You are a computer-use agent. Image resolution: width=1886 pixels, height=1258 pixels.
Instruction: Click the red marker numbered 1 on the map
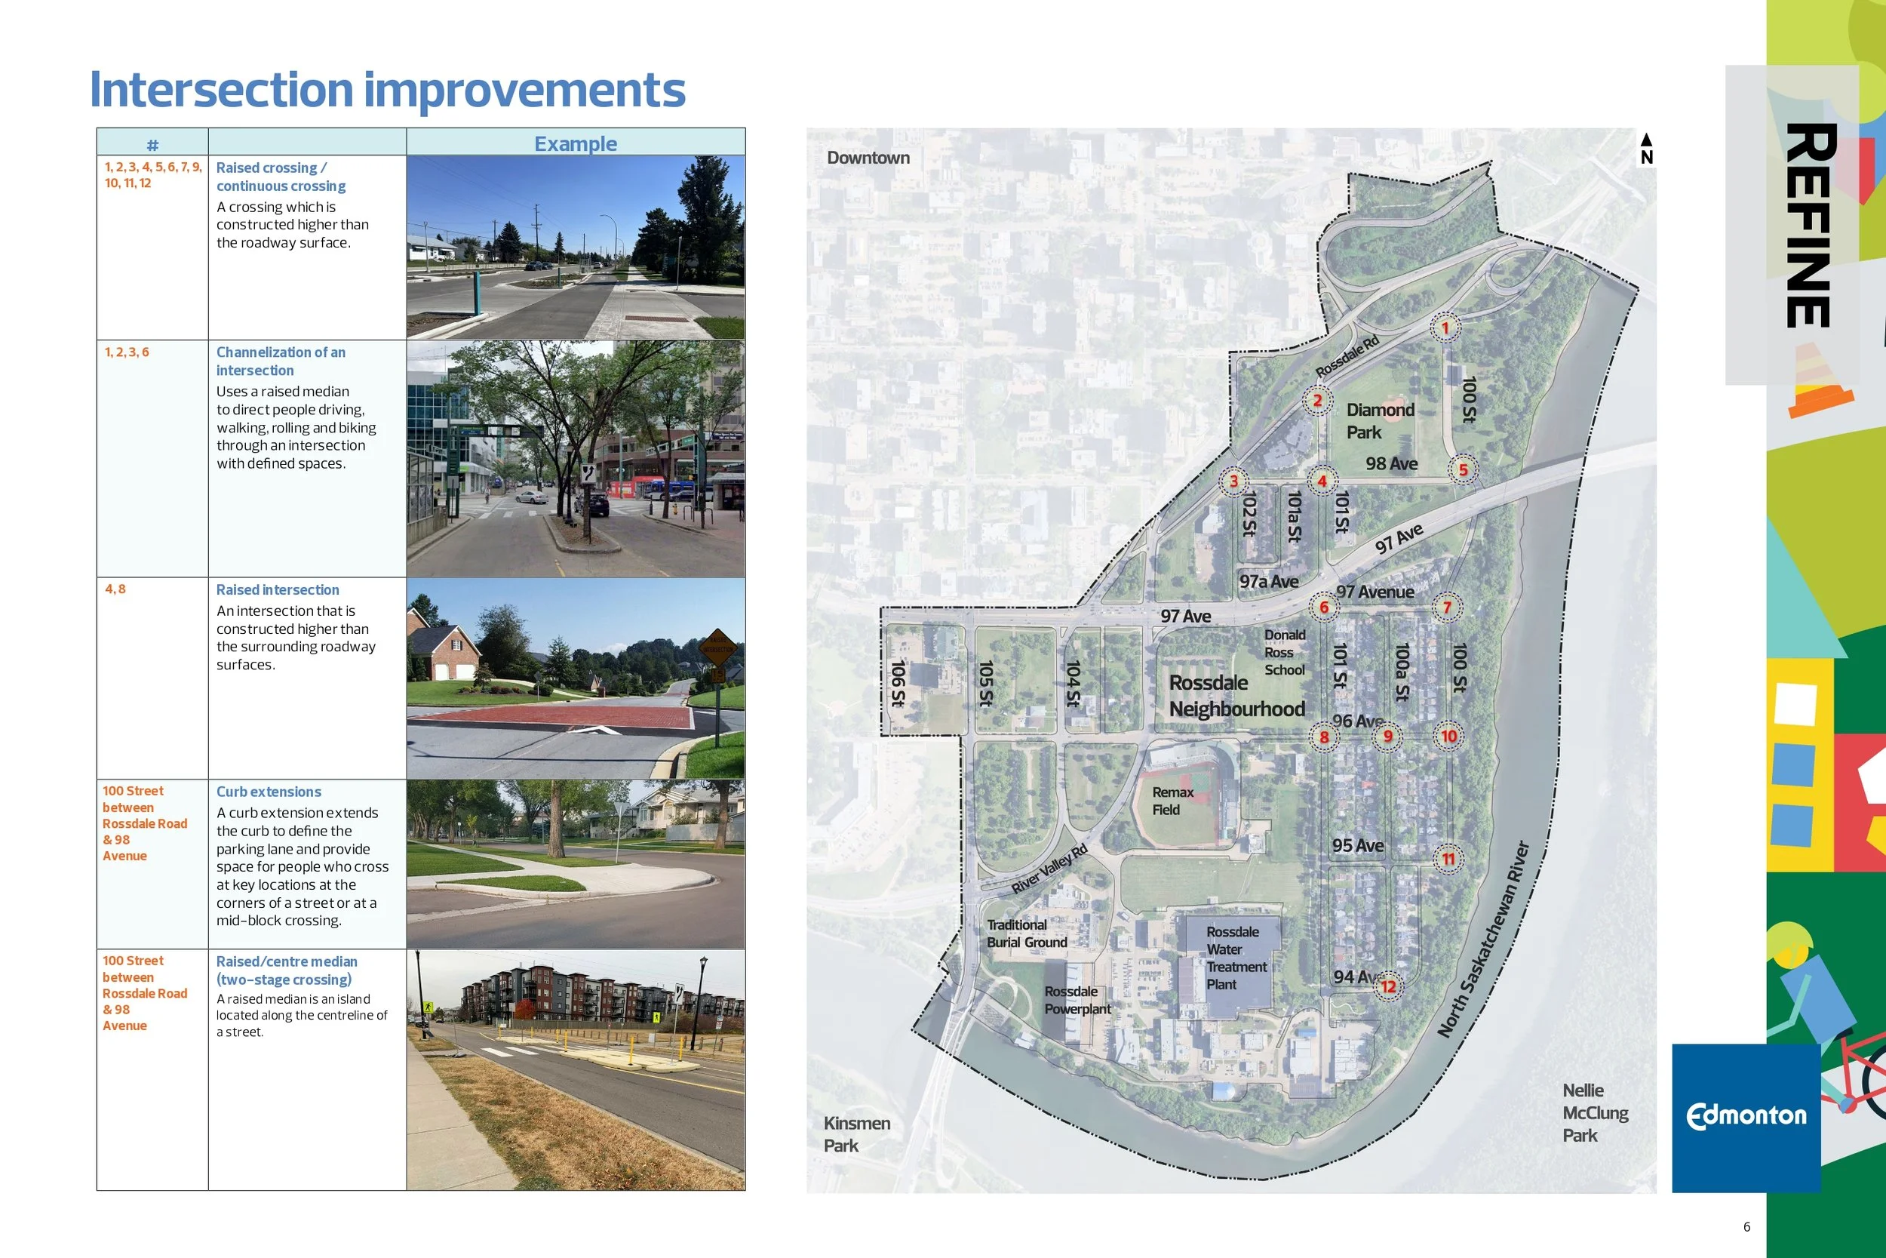1445,328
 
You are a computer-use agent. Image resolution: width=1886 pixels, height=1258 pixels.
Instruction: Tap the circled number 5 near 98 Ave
1463,470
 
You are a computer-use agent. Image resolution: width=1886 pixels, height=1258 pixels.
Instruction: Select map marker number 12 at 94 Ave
1388,986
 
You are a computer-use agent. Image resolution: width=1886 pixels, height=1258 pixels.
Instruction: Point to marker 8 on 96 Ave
1324,737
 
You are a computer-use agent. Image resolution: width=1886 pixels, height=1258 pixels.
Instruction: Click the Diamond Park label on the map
1379,421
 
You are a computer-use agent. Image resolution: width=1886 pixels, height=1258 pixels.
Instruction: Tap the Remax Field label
1172,801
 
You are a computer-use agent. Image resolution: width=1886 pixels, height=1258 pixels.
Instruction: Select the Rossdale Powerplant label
1077,1000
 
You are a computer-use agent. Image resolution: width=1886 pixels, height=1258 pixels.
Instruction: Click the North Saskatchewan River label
1483,940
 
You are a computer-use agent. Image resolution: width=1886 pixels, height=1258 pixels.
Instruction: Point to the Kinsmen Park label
856,1133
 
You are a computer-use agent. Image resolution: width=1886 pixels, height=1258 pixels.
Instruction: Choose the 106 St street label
898,683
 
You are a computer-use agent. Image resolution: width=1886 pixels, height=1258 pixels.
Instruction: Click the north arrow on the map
1646,149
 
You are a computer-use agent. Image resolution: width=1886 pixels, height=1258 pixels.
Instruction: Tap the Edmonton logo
1746,1116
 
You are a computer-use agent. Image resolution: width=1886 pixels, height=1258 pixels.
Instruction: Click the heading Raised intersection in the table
278,589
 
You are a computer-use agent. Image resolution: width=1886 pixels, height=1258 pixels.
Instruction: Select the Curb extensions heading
269,792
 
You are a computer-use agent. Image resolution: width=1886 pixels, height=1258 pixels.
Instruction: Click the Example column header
575,143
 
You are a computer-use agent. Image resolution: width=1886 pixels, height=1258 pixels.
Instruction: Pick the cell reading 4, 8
115,589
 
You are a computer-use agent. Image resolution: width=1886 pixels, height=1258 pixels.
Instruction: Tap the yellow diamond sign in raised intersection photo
717,647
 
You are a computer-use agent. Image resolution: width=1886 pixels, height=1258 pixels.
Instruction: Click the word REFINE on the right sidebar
1809,225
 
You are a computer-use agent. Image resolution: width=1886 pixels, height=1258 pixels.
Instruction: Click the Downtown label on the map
868,158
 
